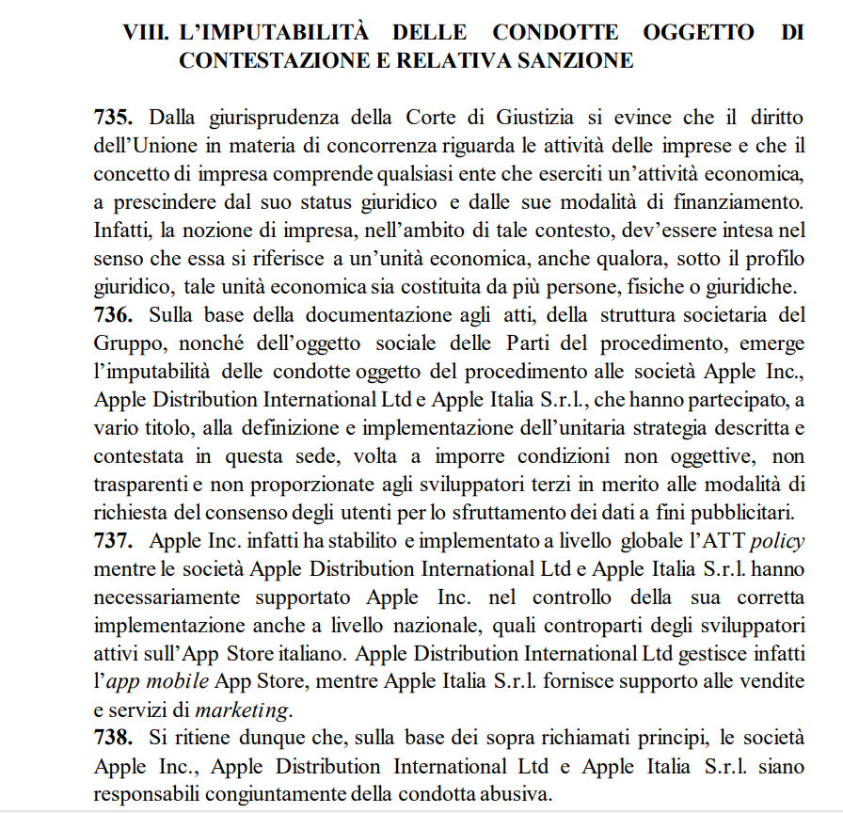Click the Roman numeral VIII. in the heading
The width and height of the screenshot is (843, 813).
click(x=147, y=33)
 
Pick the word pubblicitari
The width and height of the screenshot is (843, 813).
click(x=743, y=513)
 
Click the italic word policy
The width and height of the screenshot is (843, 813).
click(x=776, y=542)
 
